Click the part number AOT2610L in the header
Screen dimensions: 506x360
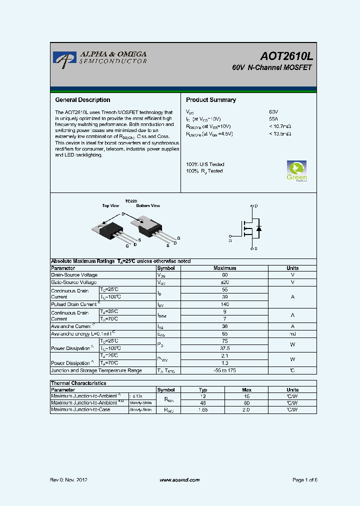point(286,56)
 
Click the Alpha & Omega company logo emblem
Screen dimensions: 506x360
point(64,59)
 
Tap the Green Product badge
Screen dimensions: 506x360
point(296,171)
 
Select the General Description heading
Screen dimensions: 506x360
point(82,100)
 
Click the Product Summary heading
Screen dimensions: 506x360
point(211,100)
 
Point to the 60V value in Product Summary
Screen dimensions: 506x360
point(273,112)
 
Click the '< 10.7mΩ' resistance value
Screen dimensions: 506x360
point(280,127)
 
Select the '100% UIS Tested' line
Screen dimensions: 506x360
point(205,164)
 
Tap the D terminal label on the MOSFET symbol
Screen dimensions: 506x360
point(256,206)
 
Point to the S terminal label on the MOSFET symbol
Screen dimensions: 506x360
point(256,248)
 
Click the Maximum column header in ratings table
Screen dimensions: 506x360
point(224,268)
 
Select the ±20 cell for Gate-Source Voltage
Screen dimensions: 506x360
point(224,282)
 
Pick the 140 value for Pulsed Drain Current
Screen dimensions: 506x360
point(224,304)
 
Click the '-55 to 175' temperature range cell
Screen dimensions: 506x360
point(224,370)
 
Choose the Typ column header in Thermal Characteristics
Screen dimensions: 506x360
point(202,390)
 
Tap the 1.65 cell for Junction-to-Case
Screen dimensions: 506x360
point(202,409)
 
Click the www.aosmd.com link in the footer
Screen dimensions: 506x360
point(179,480)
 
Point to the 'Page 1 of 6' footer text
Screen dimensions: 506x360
point(304,480)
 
